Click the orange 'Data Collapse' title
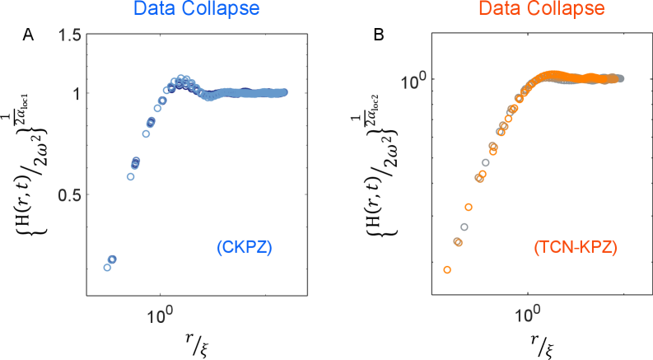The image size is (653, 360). pos(541,10)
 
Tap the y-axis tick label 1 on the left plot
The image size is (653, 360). pos(76,93)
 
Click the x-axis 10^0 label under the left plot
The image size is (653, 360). pos(161,315)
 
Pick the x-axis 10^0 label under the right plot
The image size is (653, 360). pos(527,315)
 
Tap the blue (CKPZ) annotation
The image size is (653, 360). pos(245,246)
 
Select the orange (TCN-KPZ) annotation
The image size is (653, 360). pos(575,247)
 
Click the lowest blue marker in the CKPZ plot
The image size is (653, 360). pos(107,267)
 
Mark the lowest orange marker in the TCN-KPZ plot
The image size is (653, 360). pos(447,269)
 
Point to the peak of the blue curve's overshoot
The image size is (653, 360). pos(182,79)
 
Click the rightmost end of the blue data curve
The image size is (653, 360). pos(285,92)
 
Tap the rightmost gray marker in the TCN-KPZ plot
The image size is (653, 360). pos(621,79)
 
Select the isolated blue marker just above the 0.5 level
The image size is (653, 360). pos(130,176)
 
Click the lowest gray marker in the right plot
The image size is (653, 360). pos(464,227)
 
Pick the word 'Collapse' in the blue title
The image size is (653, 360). pos(230,10)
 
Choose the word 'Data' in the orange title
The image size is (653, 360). pos(497,10)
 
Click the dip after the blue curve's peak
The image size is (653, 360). pos(209,97)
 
